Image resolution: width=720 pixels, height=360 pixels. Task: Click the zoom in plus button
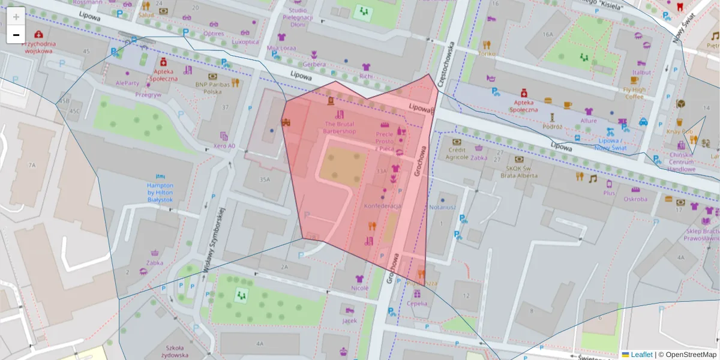[16, 16]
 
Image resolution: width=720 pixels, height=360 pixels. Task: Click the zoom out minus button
[16, 34]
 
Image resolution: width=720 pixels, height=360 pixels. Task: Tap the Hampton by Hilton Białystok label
[160, 193]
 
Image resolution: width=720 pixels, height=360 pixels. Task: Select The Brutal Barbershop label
[340, 127]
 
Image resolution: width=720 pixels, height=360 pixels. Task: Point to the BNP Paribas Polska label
[212, 88]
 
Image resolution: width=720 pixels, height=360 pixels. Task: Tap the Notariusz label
[442, 207]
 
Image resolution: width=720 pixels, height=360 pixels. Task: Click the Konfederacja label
[382, 206]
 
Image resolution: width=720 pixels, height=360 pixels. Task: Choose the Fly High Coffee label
[634, 93]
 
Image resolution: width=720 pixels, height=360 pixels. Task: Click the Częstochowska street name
[446, 65]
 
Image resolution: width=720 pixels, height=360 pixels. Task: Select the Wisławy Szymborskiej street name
[214, 240]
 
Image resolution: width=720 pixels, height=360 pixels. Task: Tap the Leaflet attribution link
[641, 355]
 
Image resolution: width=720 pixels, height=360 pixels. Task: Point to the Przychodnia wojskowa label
[39, 47]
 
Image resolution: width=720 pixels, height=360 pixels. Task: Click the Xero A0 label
[224, 146]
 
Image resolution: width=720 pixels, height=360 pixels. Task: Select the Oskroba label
[635, 199]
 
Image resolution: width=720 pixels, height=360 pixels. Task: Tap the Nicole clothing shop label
[359, 287]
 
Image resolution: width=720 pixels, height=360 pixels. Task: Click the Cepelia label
[417, 303]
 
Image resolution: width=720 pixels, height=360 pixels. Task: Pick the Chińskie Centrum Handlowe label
[681, 162]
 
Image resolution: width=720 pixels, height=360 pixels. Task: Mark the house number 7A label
[32, 164]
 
